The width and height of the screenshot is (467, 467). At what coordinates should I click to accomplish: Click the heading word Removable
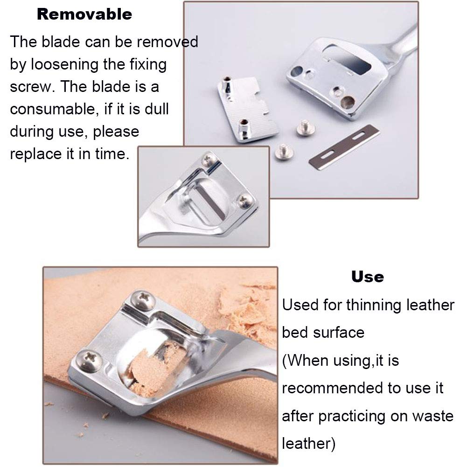(84, 14)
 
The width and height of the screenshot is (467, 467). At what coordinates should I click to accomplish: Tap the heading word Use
(368, 277)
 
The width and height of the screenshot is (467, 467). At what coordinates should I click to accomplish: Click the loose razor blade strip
(344, 147)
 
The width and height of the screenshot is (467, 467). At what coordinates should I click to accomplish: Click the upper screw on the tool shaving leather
(143, 300)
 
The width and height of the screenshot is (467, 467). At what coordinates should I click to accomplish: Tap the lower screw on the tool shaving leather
(89, 361)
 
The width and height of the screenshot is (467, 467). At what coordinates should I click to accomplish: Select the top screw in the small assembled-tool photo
(209, 160)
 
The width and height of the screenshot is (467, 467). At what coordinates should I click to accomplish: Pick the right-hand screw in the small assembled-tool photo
(245, 201)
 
